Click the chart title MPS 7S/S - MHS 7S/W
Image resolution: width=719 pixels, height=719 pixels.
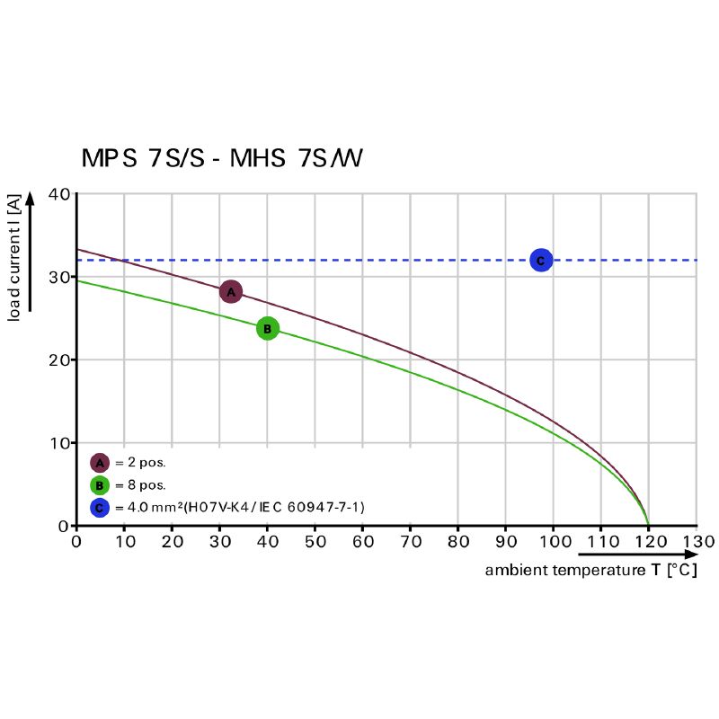tap(222, 159)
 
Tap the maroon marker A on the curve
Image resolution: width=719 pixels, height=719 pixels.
tap(231, 291)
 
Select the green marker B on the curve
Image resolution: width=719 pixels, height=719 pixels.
tap(267, 329)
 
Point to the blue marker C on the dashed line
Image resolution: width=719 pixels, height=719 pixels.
tap(540, 261)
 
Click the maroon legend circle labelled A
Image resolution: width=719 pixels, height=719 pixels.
tap(99, 463)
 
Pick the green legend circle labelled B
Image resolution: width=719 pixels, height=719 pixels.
tap(99, 485)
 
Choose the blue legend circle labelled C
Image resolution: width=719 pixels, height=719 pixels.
tap(99, 508)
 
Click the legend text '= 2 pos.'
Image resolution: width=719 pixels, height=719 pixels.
tap(140, 463)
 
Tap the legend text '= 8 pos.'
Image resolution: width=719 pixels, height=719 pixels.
tap(140, 485)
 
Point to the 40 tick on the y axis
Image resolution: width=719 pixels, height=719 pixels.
tap(58, 194)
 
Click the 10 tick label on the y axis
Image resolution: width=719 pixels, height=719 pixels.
tap(58, 443)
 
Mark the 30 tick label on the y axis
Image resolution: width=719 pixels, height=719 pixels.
tap(58, 277)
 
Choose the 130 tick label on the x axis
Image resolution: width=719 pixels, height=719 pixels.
tap(697, 542)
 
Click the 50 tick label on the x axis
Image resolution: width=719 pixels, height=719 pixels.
tap(315, 542)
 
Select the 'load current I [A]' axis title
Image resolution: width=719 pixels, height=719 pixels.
tap(14, 261)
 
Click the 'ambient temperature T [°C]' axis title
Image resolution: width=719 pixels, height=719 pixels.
tap(590, 571)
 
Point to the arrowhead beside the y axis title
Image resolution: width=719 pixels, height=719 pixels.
tap(30, 199)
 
